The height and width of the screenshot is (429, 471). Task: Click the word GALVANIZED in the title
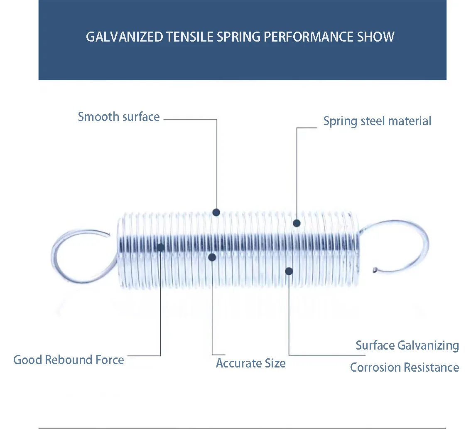(x=125, y=37)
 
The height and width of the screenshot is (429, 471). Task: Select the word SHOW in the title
(x=376, y=37)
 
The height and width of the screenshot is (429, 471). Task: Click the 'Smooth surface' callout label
(x=119, y=117)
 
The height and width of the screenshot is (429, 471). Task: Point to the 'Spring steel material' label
(x=377, y=121)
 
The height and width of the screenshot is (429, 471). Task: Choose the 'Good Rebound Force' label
(x=69, y=360)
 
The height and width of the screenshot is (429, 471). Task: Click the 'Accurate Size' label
(x=250, y=363)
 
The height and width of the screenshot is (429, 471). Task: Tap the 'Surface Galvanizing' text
(x=407, y=345)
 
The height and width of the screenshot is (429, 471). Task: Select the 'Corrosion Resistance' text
(x=404, y=367)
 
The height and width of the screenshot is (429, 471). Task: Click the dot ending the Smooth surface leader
(x=216, y=212)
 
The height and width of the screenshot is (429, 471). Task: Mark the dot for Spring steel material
(x=297, y=223)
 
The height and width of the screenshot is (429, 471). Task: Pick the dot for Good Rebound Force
(x=160, y=247)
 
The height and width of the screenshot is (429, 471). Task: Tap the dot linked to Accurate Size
(x=212, y=257)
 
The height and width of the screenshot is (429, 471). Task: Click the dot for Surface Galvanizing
(x=289, y=271)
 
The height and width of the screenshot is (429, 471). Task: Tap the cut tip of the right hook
(x=375, y=270)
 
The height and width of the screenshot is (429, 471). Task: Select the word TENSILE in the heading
(x=190, y=37)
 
